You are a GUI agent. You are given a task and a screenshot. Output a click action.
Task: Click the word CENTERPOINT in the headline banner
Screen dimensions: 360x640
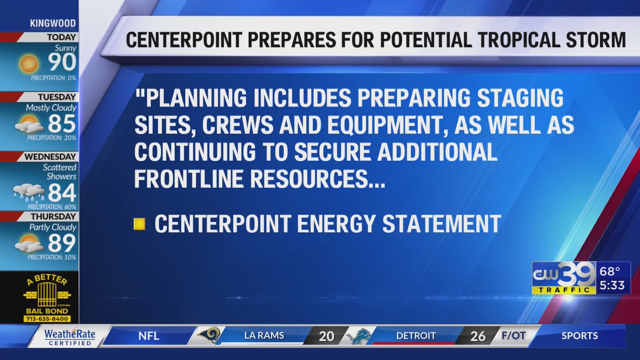coord(184,40)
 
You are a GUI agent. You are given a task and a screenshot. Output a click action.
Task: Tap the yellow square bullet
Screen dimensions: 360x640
coord(139,224)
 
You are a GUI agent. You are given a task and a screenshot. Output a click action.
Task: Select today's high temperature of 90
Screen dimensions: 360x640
coord(62,62)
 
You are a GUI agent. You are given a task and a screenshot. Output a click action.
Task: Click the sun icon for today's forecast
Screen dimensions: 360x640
coord(29,64)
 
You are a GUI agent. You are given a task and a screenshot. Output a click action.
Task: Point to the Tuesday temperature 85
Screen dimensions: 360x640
coord(62,123)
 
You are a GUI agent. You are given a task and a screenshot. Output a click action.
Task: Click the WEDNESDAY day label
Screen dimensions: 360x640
coord(50,157)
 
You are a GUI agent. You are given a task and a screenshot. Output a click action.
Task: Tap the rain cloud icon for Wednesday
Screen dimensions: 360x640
coord(29,193)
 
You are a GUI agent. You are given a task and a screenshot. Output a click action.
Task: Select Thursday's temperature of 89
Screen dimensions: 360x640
coord(62,243)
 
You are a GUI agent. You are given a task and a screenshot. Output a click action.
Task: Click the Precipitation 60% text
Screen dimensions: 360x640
coord(52,207)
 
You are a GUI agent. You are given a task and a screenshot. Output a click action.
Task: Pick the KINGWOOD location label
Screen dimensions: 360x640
coord(53,23)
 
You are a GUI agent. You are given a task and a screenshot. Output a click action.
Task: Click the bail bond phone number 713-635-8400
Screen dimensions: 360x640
coord(47,319)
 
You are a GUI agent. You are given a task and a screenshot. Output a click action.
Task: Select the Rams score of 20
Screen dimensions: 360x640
coord(326,336)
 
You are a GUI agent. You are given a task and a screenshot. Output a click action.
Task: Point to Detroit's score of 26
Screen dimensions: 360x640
coord(478,336)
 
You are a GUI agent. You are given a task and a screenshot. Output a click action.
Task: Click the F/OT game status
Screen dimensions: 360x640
coord(513,335)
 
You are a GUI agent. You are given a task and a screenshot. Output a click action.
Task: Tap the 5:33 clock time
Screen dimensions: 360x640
coord(612,285)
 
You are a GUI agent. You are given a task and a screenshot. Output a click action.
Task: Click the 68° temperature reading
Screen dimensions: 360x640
coord(610,271)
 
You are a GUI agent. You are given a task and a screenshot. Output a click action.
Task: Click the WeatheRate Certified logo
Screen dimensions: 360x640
coord(70,337)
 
